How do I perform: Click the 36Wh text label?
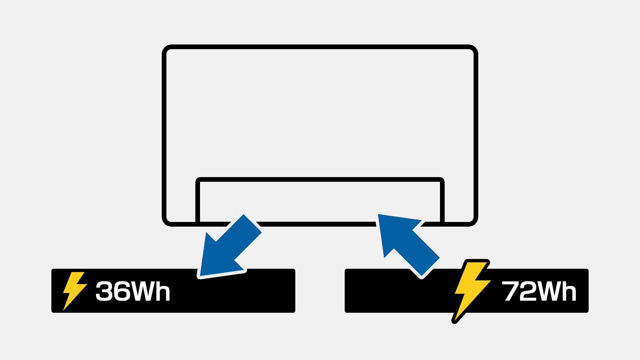click(x=133, y=291)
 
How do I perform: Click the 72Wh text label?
click(x=539, y=291)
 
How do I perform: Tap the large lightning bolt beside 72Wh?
click(x=471, y=290)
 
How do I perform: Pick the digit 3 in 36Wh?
click(x=104, y=291)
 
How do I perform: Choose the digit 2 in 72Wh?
click(x=527, y=291)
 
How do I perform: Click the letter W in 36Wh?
click(x=142, y=291)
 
